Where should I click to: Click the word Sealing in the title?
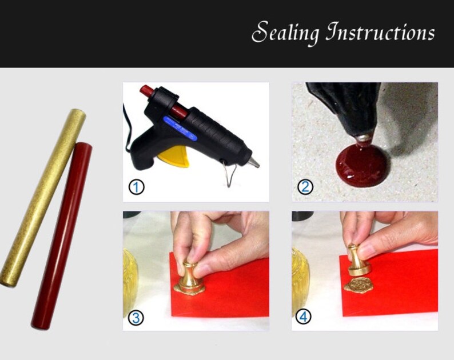tap(285, 33)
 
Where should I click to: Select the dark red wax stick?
tap(62, 234)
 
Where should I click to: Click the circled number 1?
tap(136, 186)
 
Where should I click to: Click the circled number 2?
tap(305, 186)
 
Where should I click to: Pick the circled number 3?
tap(136, 317)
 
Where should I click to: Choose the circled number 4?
tap(303, 317)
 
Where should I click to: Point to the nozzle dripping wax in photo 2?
tap(363, 137)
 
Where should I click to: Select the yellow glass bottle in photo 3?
tap(130, 280)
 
